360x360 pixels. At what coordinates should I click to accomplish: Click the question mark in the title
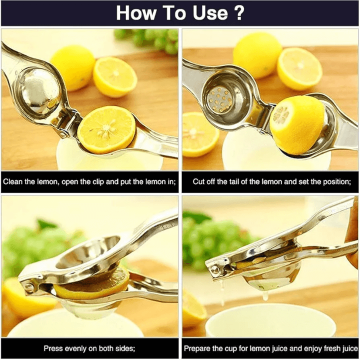(239, 12)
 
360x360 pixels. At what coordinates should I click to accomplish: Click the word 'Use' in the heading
(210, 13)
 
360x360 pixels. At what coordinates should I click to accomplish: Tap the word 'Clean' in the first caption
(12, 181)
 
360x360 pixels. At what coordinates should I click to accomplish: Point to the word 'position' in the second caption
(336, 182)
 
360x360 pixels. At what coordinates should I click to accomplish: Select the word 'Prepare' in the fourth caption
(197, 348)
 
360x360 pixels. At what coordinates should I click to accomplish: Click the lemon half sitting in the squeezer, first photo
(106, 129)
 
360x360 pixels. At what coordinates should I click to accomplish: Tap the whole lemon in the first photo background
(72, 67)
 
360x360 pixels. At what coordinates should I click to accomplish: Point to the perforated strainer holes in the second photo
(219, 100)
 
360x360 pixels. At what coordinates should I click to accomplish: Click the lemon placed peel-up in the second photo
(296, 124)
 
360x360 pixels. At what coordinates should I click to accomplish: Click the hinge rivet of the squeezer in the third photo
(29, 287)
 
